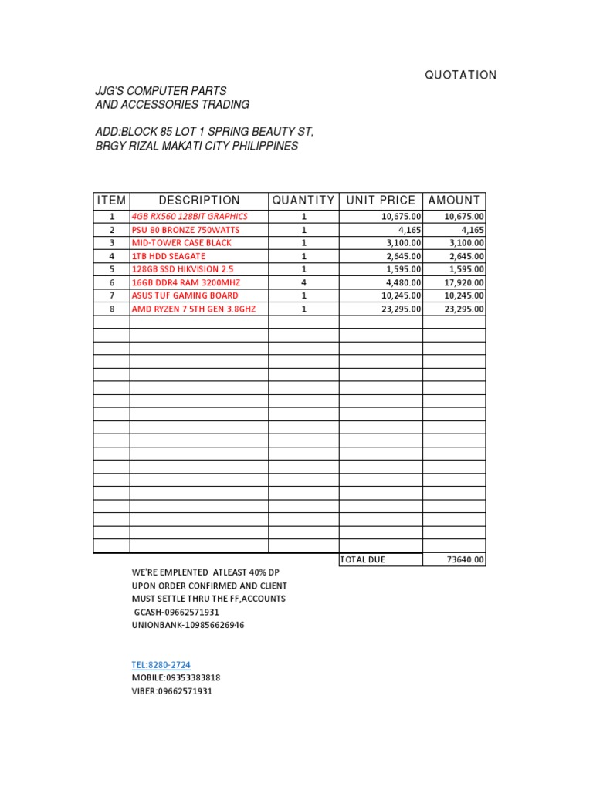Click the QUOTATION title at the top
(461, 75)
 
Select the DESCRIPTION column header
(199, 201)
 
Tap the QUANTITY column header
(303, 201)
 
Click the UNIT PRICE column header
(381, 201)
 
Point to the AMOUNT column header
(454, 201)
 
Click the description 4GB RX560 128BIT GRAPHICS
(190, 217)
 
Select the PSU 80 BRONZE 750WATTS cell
(185, 230)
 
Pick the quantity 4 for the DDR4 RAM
(303, 282)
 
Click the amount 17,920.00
(464, 282)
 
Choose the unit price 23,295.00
(400, 309)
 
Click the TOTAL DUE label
(363, 559)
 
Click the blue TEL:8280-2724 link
(161, 665)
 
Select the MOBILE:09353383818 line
(176, 678)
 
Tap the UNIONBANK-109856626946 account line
(188, 625)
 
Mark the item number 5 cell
(111, 269)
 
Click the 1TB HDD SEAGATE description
(168, 256)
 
